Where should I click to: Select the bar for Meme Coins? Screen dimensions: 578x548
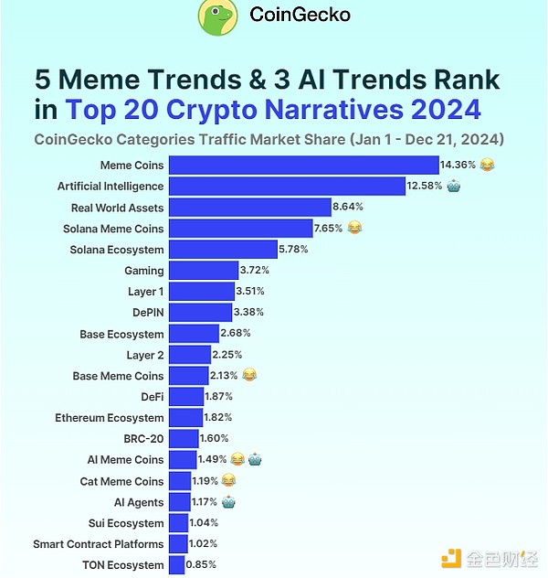[304, 166]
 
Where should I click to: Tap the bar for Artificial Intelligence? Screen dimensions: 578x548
[288, 187]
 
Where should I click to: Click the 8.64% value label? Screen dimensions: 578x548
[350, 208]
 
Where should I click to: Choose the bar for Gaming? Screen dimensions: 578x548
[190, 271]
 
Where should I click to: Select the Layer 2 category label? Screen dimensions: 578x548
[145, 355]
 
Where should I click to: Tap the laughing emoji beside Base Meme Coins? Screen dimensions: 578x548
[249, 375]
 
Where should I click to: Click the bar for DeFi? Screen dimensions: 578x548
[186, 397]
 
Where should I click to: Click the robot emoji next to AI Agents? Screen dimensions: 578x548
[228, 502]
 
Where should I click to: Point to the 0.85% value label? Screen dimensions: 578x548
[202, 565]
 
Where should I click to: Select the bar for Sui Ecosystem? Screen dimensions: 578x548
[179, 523]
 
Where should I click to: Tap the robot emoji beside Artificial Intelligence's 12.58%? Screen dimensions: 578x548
[454, 187]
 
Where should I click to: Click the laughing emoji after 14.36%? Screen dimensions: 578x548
[487, 166]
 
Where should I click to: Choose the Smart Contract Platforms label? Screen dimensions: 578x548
[99, 544]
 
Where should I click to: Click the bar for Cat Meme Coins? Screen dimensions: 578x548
[180, 481]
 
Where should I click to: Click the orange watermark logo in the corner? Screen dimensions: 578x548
[451, 558]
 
